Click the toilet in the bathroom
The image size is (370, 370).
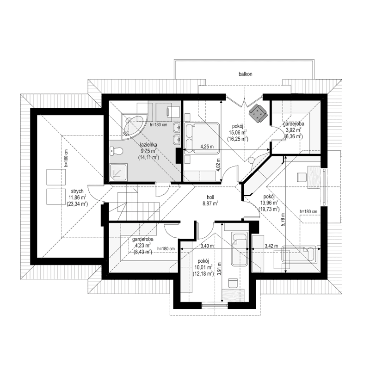click(116, 150)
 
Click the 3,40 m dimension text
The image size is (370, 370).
click(204, 246)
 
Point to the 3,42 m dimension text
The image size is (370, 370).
click(271, 246)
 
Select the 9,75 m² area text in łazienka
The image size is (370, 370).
click(148, 150)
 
